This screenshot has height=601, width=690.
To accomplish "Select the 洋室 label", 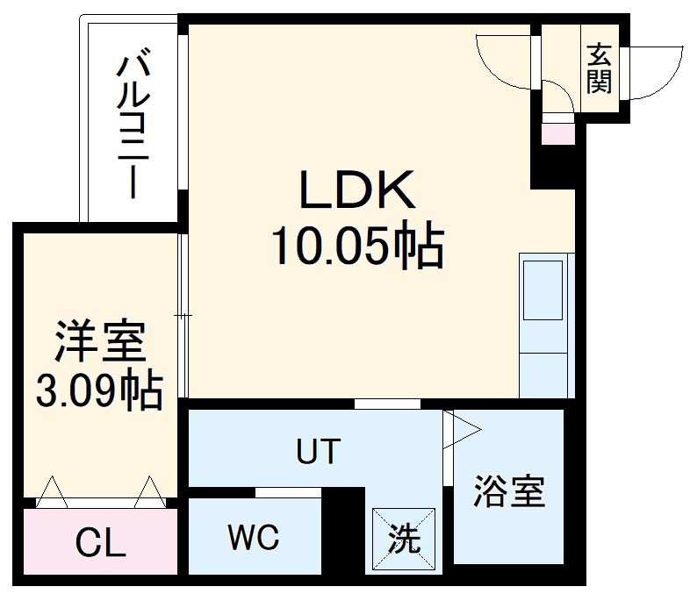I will pos(99,343).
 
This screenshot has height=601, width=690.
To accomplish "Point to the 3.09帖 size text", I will pos(99,390).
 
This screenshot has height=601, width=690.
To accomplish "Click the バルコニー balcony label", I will pos(132,125).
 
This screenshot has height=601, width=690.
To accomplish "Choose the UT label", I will pos(316,452).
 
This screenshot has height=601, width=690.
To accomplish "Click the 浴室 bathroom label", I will pos(509,492).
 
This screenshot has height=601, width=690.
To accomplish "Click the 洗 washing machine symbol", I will pos(404,536).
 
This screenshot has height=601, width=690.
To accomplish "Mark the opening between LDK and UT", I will pos(387,404).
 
